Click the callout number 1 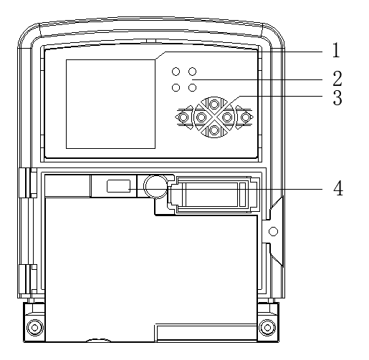pyautogui.click(x=336, y=50)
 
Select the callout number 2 pyautogui.click(x=337, y=79)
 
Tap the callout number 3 pyautogui.click(x=337, y=97)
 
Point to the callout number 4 pyautogui.click(x=338, y=188)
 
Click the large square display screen pyautogui.click(x=110, y=104)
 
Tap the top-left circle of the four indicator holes pyautogui.click(x=176, y=72)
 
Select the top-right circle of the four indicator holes pyautogui.click(x=192, y=72)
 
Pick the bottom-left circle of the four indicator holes pyautogui.click(x=176, y=87)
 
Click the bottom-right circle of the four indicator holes pyautogui.click(x=192, y=87)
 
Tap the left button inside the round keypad pyautogui.click(x=201, y=117)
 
